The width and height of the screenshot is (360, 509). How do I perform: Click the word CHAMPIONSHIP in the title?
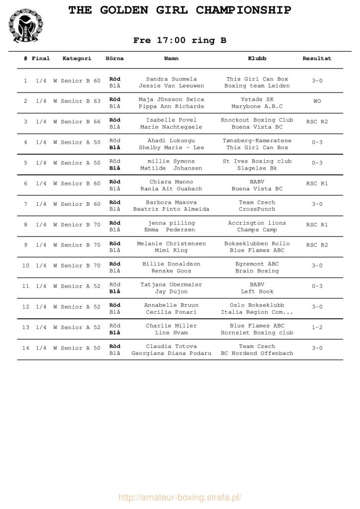tap(243, 10)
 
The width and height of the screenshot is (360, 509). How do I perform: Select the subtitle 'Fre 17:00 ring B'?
tap(180, 41)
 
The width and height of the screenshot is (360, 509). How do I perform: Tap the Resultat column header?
tap(317, 59)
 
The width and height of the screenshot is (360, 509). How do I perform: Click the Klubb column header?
tap(257, 59)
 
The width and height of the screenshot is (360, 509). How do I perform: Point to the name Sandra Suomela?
tap(172, 79)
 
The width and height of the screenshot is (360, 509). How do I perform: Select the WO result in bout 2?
tap(317, 101)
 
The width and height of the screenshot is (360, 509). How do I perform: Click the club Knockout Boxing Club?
tap(257, 120)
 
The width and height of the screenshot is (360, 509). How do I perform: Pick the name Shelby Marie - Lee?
tap(172, 148)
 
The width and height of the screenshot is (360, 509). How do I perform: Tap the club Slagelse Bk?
tap(257, 168)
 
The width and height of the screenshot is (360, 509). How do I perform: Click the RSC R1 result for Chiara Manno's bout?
tap(317, 183)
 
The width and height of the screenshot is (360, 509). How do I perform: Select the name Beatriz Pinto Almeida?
tap(172, 209)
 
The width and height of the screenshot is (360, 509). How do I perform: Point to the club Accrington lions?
tap(257, 223)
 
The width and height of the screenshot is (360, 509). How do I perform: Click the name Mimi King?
tap(172, 251)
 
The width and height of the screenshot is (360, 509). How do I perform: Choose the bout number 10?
tap(26, 265)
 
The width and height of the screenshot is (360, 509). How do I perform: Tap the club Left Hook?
tap(257, 292)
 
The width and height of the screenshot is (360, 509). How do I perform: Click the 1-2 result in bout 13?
tap(317, 328)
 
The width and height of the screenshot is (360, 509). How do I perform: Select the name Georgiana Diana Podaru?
tap(172, 353)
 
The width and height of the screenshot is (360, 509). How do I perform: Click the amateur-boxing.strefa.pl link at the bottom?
tap(180, 498)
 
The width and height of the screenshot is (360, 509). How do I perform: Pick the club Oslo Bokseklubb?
tap(257, 305)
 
